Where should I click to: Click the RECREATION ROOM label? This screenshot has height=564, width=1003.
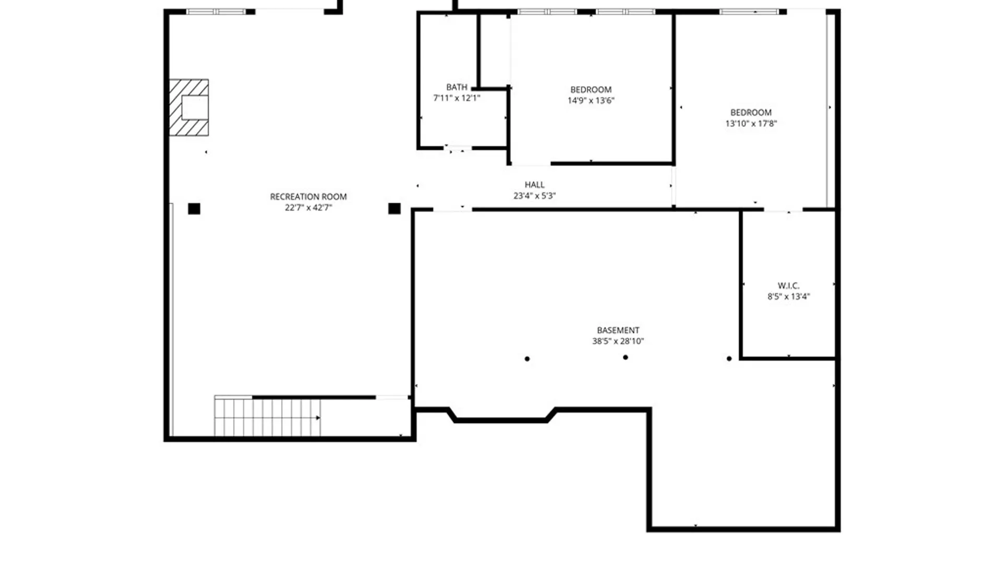tap(308, 196)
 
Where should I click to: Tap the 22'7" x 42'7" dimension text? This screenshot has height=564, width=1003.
tap(308, 208)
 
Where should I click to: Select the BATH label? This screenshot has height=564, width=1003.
tap(457, 87)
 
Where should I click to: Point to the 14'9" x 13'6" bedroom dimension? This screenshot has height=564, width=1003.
tap(591, 101)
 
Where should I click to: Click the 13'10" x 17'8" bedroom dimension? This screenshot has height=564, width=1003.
tap(751, 124)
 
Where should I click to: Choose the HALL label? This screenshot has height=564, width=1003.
tap(534, 184)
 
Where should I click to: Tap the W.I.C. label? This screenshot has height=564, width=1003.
tap(788, 286)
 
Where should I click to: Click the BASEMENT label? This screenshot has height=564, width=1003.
tap(618, 330)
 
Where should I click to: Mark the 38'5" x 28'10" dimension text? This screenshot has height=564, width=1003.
tap(618, 342)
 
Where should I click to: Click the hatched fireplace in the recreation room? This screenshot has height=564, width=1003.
tap(189, 108)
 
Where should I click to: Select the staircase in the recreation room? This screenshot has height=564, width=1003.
tap(267, 417)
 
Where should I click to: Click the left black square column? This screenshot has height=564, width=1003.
tap(194, 209)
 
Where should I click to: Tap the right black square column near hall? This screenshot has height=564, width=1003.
tap(394, 209)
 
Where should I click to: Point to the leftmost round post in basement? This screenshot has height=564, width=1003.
tap(527, 359)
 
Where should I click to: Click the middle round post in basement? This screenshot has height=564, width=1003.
tap(625, 357)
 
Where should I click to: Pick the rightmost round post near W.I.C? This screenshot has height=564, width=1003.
tap(729, 359)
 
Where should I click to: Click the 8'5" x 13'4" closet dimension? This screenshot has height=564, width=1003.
tap(788, 297)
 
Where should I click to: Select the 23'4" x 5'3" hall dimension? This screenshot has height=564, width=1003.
tap(534, 196)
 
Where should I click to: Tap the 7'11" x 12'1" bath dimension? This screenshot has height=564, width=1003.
tap(457, 98)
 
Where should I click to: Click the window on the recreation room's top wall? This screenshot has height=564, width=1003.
tap(216, 11)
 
